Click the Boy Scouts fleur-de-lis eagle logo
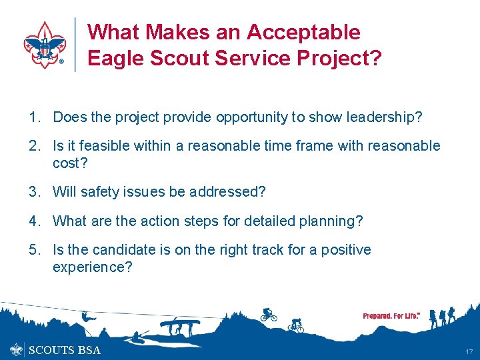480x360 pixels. pyautogui.click(x=44, y=45)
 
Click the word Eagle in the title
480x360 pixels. pyautogui.click(x=114, y=58)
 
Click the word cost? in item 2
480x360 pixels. pyautogui.click(x=71, y=163)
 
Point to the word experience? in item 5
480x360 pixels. pyautogui.click(x=93, y=267)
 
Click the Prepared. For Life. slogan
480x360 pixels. pyautogui.click(x=391, y=315)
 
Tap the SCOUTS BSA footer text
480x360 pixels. pyautogui.click(x=65, y=350)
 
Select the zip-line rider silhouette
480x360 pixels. pyautogui.click(x=85, y=315)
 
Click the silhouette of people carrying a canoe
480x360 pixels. pyautogui.click(x=176, y=327)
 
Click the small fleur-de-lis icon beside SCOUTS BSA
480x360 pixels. pyautogui.click(x=16, y=349)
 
